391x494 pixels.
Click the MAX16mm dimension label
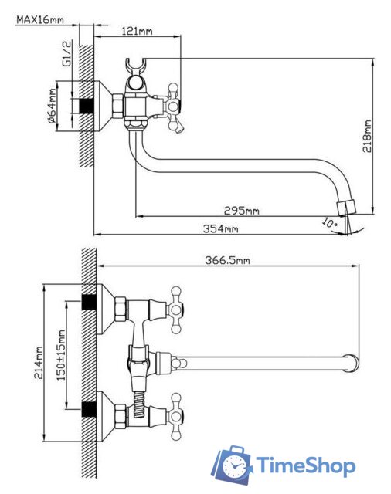point(40,19)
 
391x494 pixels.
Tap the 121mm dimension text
point(137,31)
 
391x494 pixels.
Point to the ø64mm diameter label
point(52,106)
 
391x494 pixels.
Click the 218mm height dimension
point(367,136)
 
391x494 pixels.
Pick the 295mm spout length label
point(242,210)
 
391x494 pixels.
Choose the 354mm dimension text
point(220,228)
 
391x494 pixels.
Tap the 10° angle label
point(329,223)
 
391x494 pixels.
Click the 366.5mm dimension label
point(228,260)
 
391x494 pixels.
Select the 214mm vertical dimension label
point(39,363)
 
